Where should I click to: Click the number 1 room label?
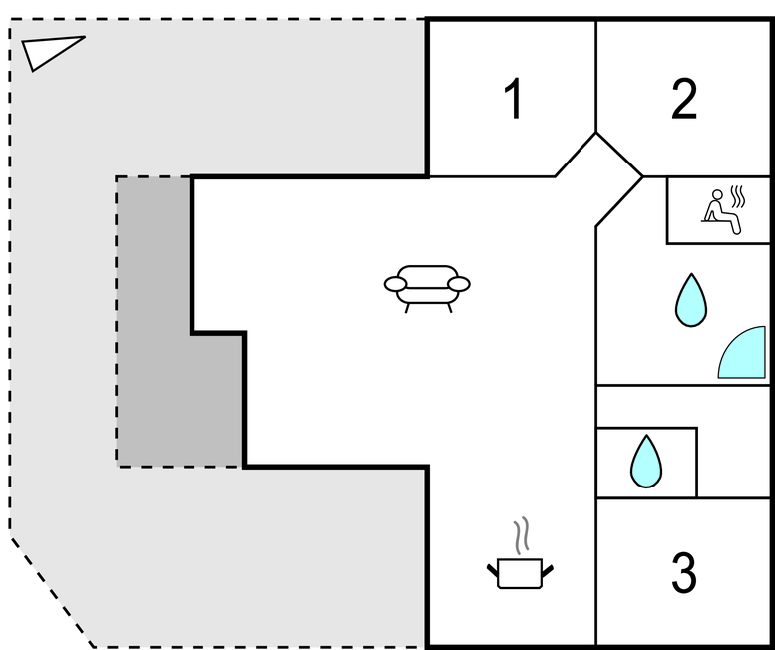pos(514,99)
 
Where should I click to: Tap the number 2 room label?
pos(684,99)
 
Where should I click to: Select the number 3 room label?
pos(684,572)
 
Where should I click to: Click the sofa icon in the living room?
pos(427,289)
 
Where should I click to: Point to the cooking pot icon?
pos(520,573)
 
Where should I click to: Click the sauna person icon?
pos(723,211)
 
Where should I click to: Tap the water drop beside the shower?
pos(691,300)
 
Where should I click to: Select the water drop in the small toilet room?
pos(646,462)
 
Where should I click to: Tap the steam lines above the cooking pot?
pos(521,535)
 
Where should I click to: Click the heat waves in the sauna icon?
pos(737,196)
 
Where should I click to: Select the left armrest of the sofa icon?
pos(395,284)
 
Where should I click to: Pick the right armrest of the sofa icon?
pos(459,284)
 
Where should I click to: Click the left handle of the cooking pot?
pos(493,570)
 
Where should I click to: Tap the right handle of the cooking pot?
pos(548,570)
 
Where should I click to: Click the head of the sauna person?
pos(717,195)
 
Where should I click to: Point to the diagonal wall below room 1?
pos(576,155)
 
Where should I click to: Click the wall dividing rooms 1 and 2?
pos(596,77)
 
